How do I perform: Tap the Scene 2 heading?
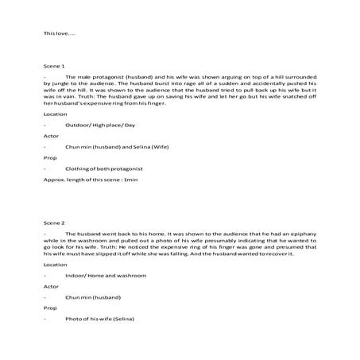(x=54, y=223)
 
